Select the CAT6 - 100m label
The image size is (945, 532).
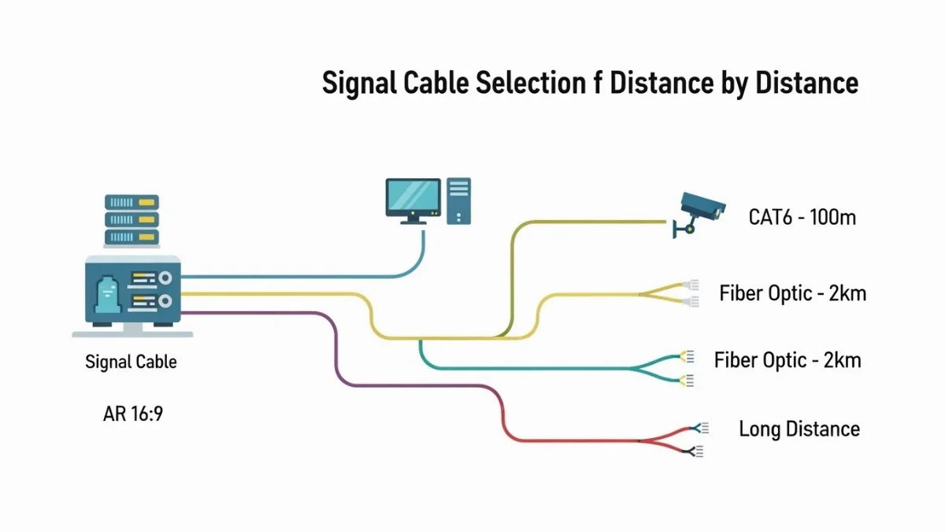point(802,217)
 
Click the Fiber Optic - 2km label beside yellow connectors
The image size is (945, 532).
point(792,294)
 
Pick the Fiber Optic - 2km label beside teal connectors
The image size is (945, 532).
point(787,361)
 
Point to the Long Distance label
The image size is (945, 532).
point(799,430)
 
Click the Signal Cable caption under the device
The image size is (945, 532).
point(131,363)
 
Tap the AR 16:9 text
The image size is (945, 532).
point(132,414)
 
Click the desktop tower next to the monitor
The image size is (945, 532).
point(458,200)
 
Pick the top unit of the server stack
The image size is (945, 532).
point(132,202)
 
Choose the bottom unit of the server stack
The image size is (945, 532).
point(132,236)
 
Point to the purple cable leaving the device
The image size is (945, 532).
point(337,347)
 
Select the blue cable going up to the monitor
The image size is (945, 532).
point(315,277)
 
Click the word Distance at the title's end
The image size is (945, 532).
point(806,83)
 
